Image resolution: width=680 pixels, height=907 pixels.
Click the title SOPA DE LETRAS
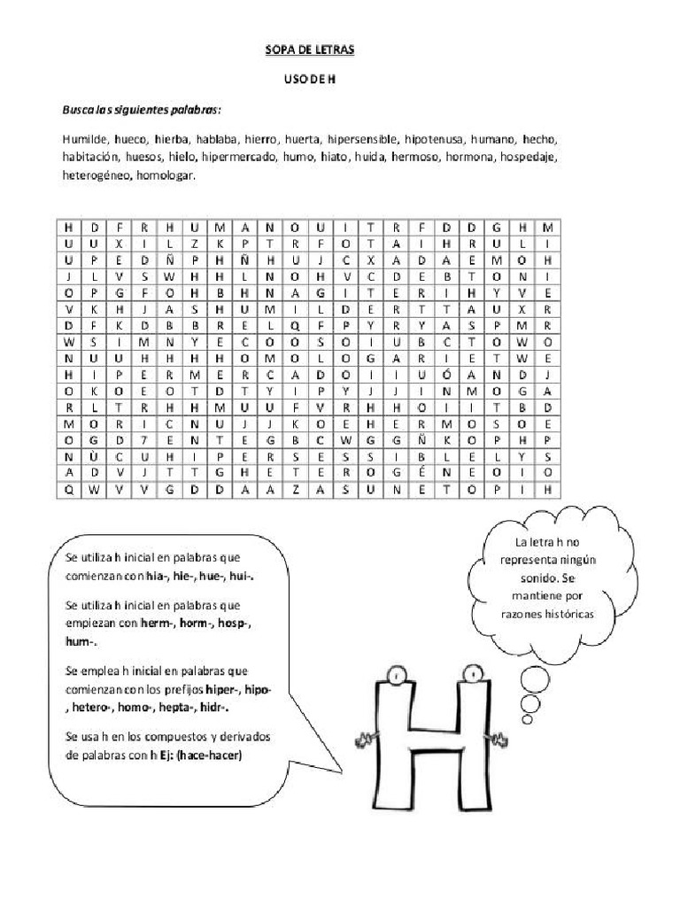tap(310, 50)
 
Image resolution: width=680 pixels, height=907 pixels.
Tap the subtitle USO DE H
tap(310, 80)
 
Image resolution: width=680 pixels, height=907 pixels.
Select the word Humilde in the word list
tap(83, 139)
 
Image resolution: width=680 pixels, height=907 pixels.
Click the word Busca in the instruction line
tap(77, 109)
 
